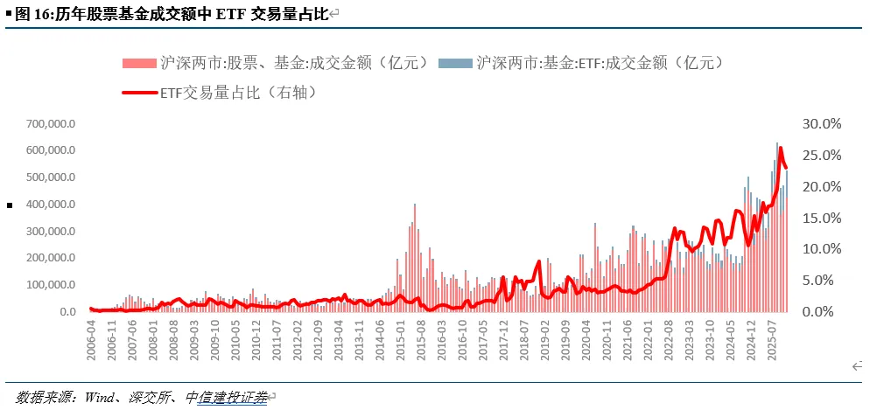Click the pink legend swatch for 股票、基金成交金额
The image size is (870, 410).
139,62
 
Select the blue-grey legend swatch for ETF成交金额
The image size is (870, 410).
455,62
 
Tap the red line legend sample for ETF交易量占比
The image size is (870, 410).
139,91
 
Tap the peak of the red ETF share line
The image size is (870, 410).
781,148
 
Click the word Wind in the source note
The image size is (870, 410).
101,398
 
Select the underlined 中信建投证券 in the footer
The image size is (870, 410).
226,398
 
